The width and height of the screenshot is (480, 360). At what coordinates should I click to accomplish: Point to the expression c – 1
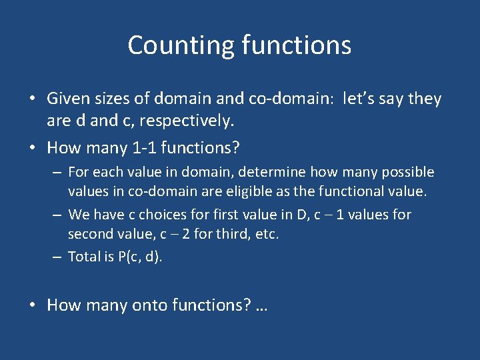339,215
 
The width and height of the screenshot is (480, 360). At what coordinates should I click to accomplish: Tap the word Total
84,257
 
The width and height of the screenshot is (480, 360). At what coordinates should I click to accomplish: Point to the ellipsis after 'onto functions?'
261,307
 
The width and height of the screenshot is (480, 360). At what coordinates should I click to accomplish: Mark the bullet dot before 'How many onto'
33,305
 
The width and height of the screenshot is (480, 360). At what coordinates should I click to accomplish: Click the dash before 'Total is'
58,257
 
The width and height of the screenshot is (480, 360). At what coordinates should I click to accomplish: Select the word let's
364,99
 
